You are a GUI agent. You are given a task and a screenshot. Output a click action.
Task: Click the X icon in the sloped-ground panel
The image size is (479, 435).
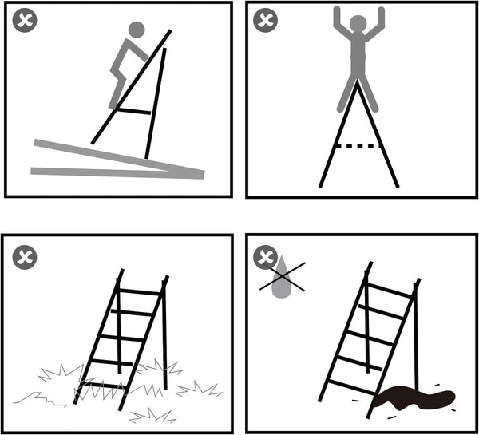pos(25,22)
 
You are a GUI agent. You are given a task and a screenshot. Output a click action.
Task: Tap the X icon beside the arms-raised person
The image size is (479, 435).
pos(265,22)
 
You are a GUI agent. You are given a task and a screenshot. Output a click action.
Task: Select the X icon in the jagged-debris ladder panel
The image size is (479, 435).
pos(25,257)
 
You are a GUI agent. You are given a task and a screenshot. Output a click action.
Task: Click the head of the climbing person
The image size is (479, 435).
pos(137,30)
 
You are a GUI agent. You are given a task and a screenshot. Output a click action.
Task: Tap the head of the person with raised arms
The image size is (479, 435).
pos(358,23)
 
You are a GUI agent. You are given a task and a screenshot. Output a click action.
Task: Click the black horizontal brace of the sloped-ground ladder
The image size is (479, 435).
pos(134,111)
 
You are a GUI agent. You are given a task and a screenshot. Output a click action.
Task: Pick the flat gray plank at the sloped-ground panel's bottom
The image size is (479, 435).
pos(112,172)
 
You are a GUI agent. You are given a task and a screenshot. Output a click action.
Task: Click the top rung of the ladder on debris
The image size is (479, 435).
pos(141,290)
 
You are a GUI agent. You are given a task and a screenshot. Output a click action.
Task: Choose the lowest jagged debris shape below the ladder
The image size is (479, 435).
pos(152,416)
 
